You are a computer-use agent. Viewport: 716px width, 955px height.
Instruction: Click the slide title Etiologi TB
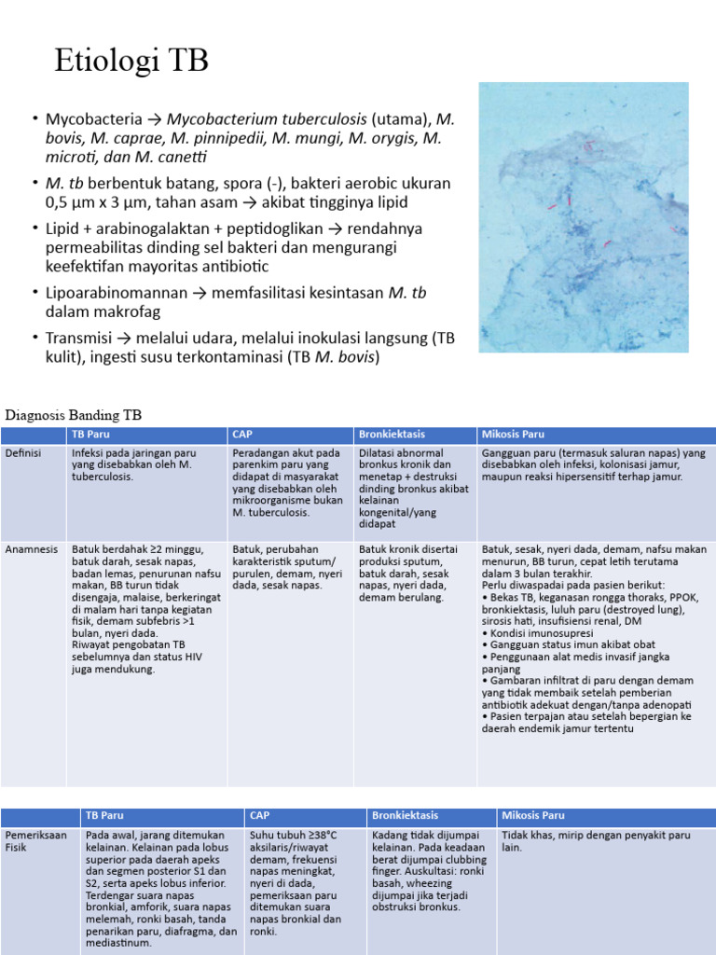click(132, 62)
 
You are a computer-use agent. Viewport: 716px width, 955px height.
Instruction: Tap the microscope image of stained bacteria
click(583, 216)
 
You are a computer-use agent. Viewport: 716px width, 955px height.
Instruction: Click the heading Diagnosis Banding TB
click(75, 414)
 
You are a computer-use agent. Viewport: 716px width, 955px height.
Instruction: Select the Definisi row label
click(23, 452)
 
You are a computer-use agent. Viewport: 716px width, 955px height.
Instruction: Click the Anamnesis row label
click(33, 549)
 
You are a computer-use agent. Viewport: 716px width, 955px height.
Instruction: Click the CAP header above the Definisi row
click(242, 435)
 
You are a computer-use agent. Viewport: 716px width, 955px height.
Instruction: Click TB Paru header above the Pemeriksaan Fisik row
click(104, 815)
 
